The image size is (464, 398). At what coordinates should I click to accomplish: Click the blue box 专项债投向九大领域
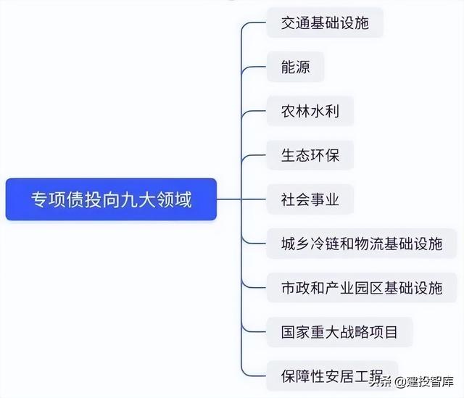(x=111, y=199)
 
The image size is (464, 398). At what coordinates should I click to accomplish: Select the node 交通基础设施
(x=325, y=22)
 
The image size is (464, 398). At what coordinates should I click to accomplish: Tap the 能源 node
(x=295, y=67)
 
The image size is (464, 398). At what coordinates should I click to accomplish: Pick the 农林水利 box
(x=310, y=111)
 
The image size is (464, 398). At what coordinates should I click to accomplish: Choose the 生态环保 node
(x=310, y=155)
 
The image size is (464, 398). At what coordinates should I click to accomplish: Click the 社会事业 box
(x=310, y=199)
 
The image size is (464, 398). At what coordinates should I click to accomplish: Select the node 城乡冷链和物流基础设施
(x=362, y=244)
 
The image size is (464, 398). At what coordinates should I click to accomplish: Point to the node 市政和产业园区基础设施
(x=362, y=288)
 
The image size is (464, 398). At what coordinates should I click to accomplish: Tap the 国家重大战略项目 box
(x=339, y=332)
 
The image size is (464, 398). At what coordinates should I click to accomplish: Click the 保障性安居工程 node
(x=332, y=376)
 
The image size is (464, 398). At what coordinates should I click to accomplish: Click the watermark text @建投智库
(x=425, y=382)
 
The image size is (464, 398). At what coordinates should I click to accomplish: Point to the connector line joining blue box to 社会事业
(x=241, y=199)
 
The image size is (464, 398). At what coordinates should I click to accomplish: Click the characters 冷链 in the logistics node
(x=325, y=244)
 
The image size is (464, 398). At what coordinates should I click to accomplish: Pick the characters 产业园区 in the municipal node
(x=354, y=288)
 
